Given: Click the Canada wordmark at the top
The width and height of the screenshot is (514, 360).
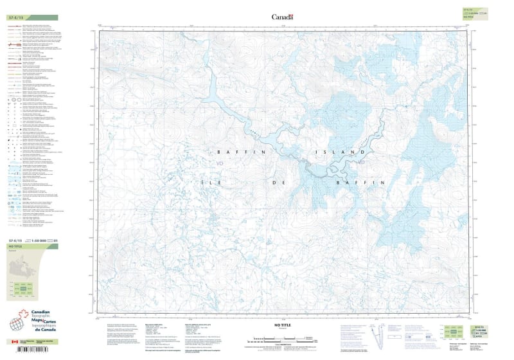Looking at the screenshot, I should tap(282, 17).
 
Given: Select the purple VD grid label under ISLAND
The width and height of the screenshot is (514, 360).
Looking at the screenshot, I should tap(360, 162).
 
